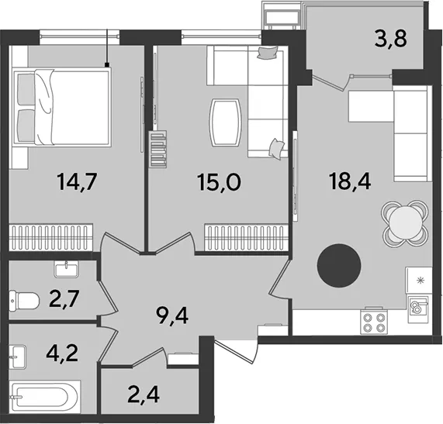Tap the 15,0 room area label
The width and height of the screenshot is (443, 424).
pyautogui.click(x=220, y=182)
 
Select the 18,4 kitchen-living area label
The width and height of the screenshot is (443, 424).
pyautogui.click(x=350, y=181)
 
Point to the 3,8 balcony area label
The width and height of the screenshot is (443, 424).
pyautogui.click(x=391, y=38)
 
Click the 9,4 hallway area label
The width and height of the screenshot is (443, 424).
pyautogui.click(x=172, y=316)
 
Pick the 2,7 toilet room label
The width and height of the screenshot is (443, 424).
pyautogui.click(x=64, y=299)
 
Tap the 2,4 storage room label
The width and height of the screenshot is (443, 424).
pyautogui.click(x=144, y=395)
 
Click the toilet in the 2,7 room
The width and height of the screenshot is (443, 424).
pyautogui.click(x=24, y=301)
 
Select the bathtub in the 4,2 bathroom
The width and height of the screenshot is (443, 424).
pyautogui.click(x=45, y=398)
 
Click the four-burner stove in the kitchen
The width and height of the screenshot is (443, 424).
pyautogui.click(x=375, y=322)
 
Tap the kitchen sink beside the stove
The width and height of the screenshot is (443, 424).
pyautogui.click(x=418, y=309)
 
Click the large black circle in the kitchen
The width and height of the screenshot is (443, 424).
pyautogui.click(x=339, y=266)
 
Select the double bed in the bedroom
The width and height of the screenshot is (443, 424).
pyautogui.click(x=62, y=107)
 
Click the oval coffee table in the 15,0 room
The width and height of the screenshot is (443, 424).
pyautogui.click(x=225, y=122)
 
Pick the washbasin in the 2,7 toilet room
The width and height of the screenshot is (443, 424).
pyautogui.click(x=66, y=269)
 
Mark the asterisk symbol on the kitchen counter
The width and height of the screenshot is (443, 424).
pyautogui.click(x=421, y=281)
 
